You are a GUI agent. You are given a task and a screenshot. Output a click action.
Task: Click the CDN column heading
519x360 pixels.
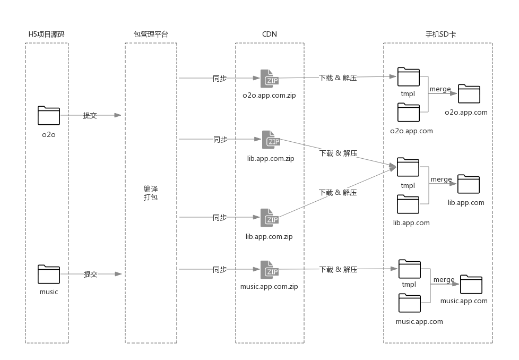tap(270, 34)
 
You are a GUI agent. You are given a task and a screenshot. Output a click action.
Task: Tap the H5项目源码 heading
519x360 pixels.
tap(47, 34)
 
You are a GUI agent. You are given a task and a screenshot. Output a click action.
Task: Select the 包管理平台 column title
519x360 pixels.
tap(151, 34)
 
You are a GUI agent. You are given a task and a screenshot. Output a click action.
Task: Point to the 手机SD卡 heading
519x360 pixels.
tap(440, 34)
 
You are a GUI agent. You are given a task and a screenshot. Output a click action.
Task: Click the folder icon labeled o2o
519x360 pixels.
tap(49, 116)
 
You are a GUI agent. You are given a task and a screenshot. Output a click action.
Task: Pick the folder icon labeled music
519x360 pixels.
tap(49, 274)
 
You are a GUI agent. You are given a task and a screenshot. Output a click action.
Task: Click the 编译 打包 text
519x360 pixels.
tap(151, 193)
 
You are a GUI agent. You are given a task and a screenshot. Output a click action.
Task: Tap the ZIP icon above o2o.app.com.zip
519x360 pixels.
tap(270, 79)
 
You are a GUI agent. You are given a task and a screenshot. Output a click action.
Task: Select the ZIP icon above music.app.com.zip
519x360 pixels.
tap(270, 270)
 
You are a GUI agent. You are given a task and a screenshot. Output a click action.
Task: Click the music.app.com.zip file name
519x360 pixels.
tap(269, 287)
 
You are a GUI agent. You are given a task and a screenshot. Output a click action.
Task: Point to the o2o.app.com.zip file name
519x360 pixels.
tap(269, 96)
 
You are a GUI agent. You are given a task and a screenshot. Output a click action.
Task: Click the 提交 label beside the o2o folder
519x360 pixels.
tap(90, 115)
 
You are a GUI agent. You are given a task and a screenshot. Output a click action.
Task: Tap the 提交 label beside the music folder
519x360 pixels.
tap(91, 274)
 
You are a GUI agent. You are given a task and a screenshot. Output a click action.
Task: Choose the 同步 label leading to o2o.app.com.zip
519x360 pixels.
tap(220, 78)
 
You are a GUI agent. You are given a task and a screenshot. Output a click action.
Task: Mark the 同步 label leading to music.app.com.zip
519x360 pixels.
tap(220, 270)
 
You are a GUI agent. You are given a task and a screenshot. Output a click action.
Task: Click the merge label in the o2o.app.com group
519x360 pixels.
tap(440, 89)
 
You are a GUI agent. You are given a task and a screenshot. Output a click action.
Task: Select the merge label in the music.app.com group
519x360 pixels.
tap(444, 280)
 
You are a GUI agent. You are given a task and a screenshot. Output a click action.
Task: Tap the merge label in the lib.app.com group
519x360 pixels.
tap(442, 179)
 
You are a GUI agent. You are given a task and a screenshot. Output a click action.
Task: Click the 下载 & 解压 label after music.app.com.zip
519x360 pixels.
tap(338, 270)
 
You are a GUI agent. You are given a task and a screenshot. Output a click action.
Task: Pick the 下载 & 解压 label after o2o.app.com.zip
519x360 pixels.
tap(338, 78)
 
